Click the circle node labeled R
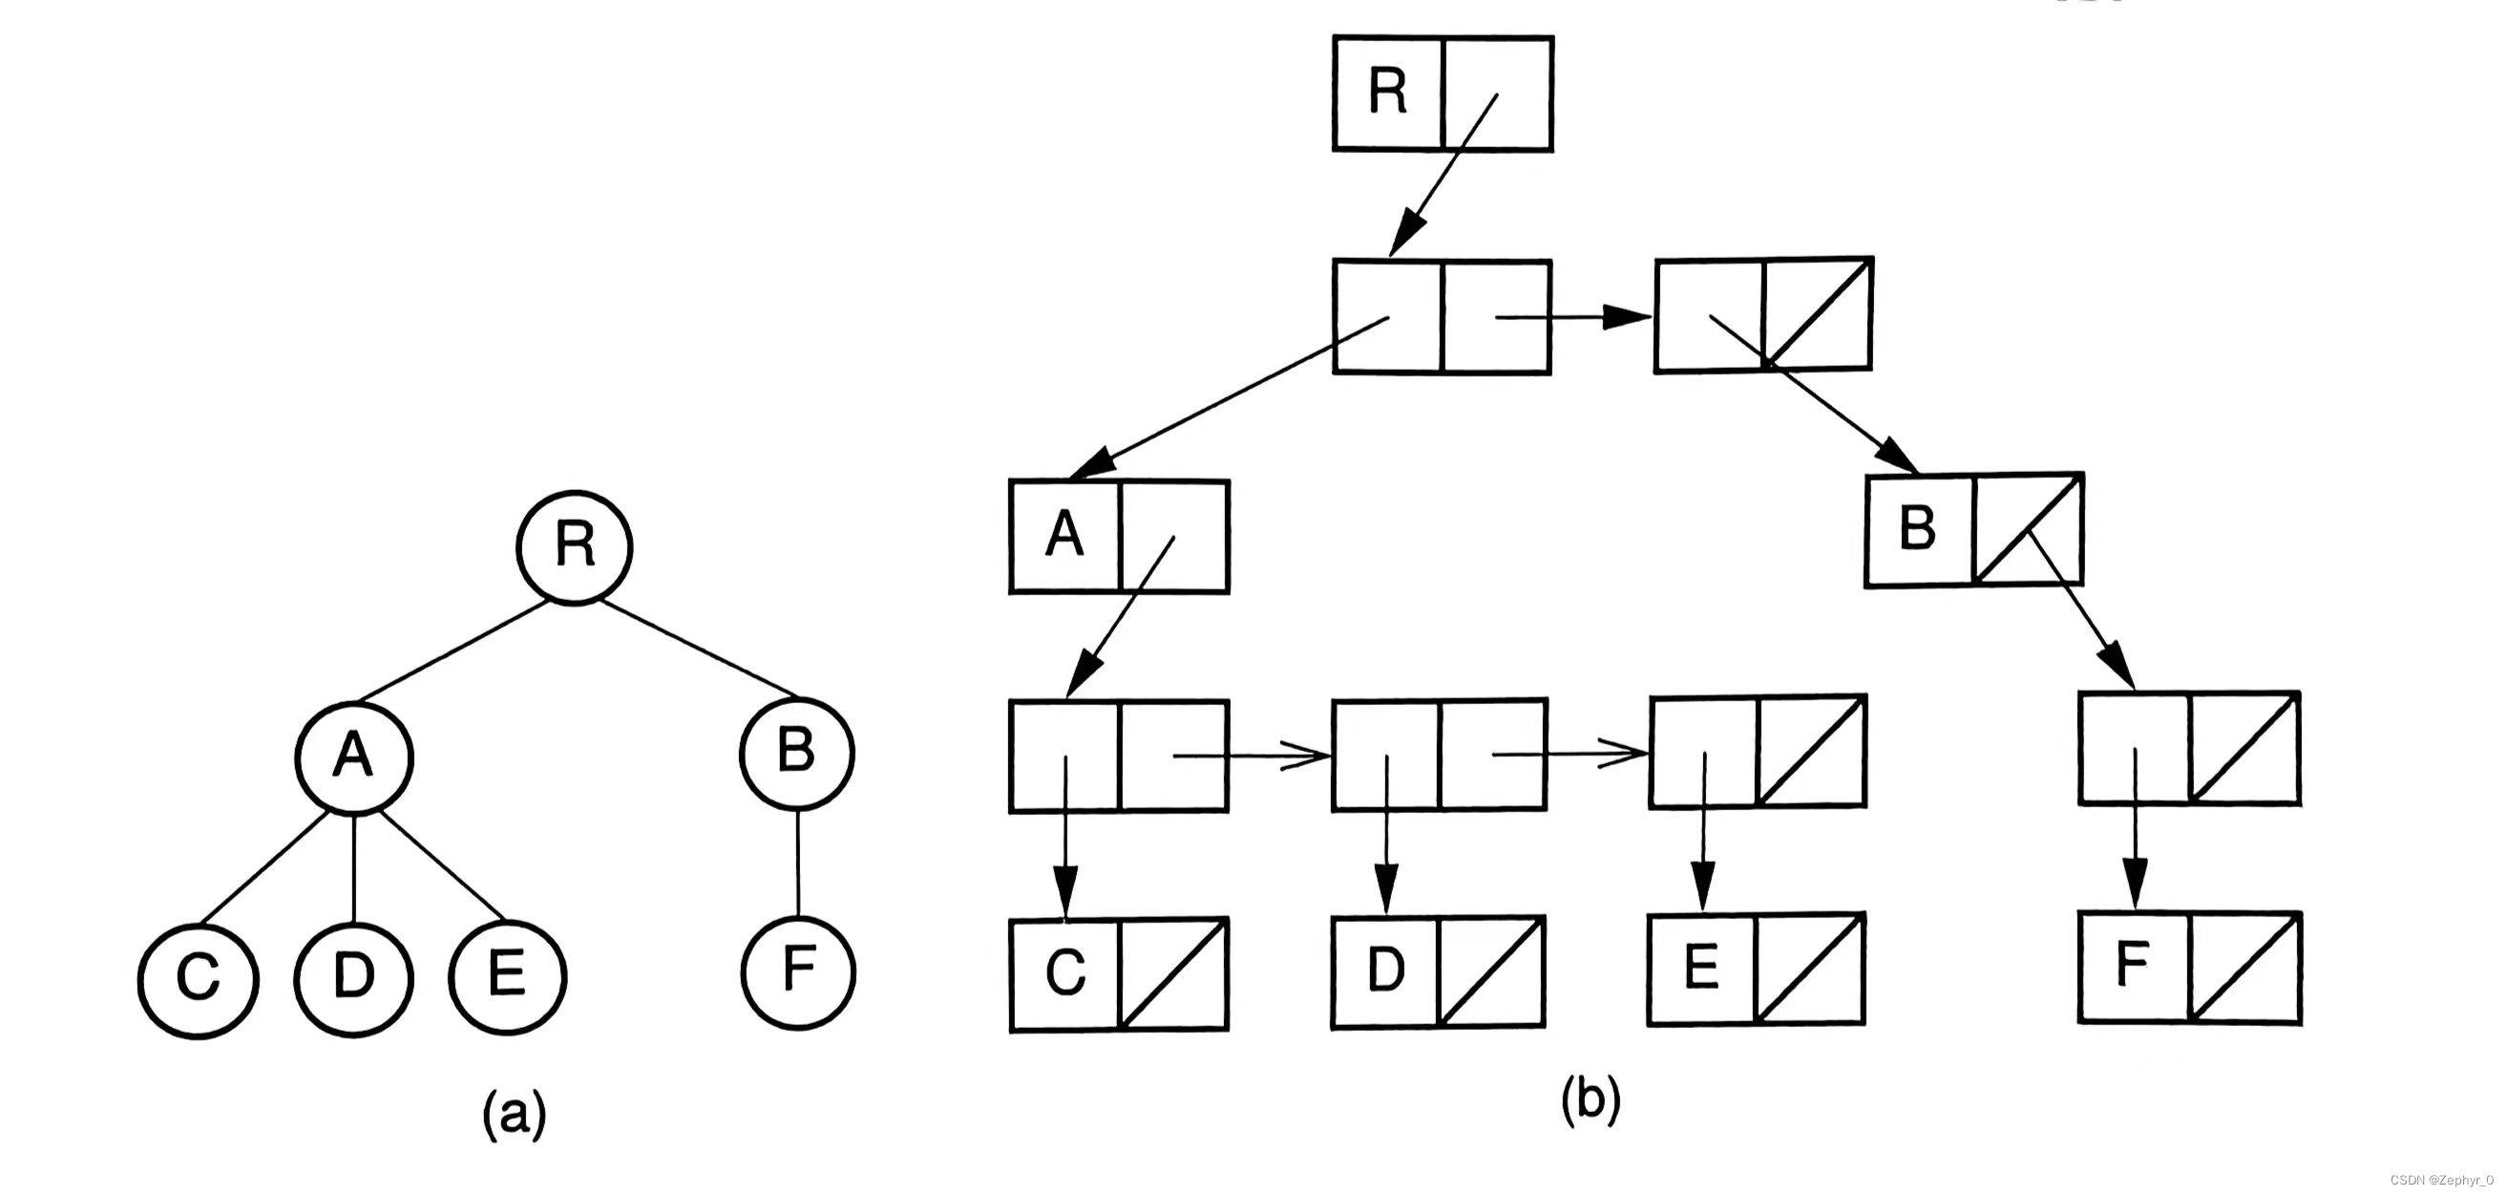click(575, 546)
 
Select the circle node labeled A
click(354, 756)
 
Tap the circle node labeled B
click(796, 752)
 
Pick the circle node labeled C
click(198, 977)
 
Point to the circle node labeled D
click(353, 977)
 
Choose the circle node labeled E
click(507, 975)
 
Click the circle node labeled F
click(797, 971)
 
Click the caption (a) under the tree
click(514, 1114)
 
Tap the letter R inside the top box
click(1387, 93)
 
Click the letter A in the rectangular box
click(1064, 535)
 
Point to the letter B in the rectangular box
click(1917, 529)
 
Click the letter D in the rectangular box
click(1386, 970)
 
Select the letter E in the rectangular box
click(1701, 968)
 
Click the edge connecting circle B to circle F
click(797, 863)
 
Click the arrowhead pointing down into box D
click(1386, 888)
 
